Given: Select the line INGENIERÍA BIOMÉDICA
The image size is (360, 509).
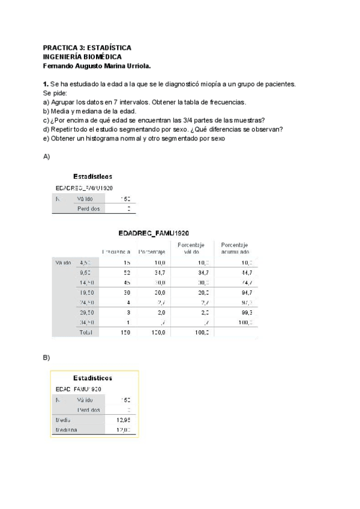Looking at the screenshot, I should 86,56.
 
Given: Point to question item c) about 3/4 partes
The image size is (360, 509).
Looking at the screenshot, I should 154,120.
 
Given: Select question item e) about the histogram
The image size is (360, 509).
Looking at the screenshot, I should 134,138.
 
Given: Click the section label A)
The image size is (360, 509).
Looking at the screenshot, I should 47,157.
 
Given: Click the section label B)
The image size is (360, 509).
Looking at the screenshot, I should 47,358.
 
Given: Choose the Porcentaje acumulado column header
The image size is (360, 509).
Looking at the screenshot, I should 235,248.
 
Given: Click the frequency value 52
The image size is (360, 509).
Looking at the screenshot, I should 127,273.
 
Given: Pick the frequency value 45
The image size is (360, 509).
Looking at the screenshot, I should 127,283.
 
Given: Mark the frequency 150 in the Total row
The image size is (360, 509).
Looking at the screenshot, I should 125,333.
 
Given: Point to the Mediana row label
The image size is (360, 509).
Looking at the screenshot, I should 65,430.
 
